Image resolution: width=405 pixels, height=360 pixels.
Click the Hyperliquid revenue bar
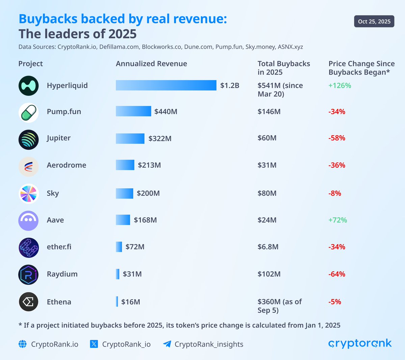166,85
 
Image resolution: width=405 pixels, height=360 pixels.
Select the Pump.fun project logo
29,113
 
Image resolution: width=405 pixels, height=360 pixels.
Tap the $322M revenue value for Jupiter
160,139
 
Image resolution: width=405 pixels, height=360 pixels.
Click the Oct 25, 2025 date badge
374,22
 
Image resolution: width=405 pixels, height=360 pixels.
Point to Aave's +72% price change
337,220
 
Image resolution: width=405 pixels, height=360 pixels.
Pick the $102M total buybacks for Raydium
269,274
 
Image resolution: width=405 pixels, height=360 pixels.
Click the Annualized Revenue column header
151,64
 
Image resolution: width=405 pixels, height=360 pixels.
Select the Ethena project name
59,302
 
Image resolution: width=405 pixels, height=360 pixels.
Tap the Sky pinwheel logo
29,194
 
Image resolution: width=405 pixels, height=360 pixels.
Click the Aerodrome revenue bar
125,165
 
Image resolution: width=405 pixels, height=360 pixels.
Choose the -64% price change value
337,274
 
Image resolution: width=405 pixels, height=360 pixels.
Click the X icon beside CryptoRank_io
94,344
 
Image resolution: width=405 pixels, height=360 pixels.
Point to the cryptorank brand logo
360,344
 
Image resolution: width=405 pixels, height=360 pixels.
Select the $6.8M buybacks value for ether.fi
268,247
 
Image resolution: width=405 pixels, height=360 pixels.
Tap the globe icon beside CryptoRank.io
23,344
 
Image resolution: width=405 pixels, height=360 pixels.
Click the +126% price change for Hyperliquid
340,86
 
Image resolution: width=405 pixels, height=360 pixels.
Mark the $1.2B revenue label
230,86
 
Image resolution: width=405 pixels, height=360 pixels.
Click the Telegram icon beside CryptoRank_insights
167,344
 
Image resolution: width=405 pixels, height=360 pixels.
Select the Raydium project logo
29,275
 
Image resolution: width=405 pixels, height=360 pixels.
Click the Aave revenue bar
123,220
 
